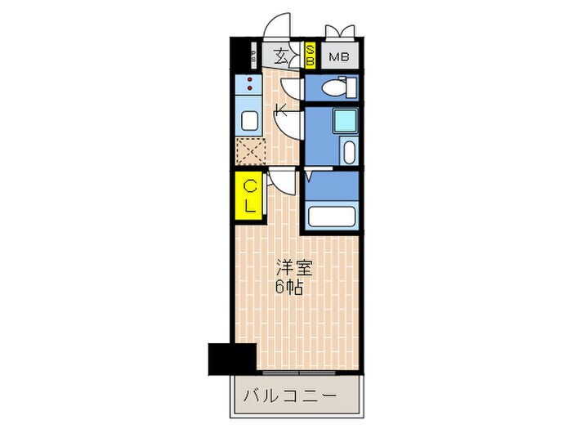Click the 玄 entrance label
281,56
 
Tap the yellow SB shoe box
311,56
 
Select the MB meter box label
337,57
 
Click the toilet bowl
333,87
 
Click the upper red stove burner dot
249,80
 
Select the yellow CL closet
250,197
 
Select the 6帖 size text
289,287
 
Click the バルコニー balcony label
289,396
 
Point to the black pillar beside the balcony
232,357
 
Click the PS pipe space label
253,56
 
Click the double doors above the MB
340,32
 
